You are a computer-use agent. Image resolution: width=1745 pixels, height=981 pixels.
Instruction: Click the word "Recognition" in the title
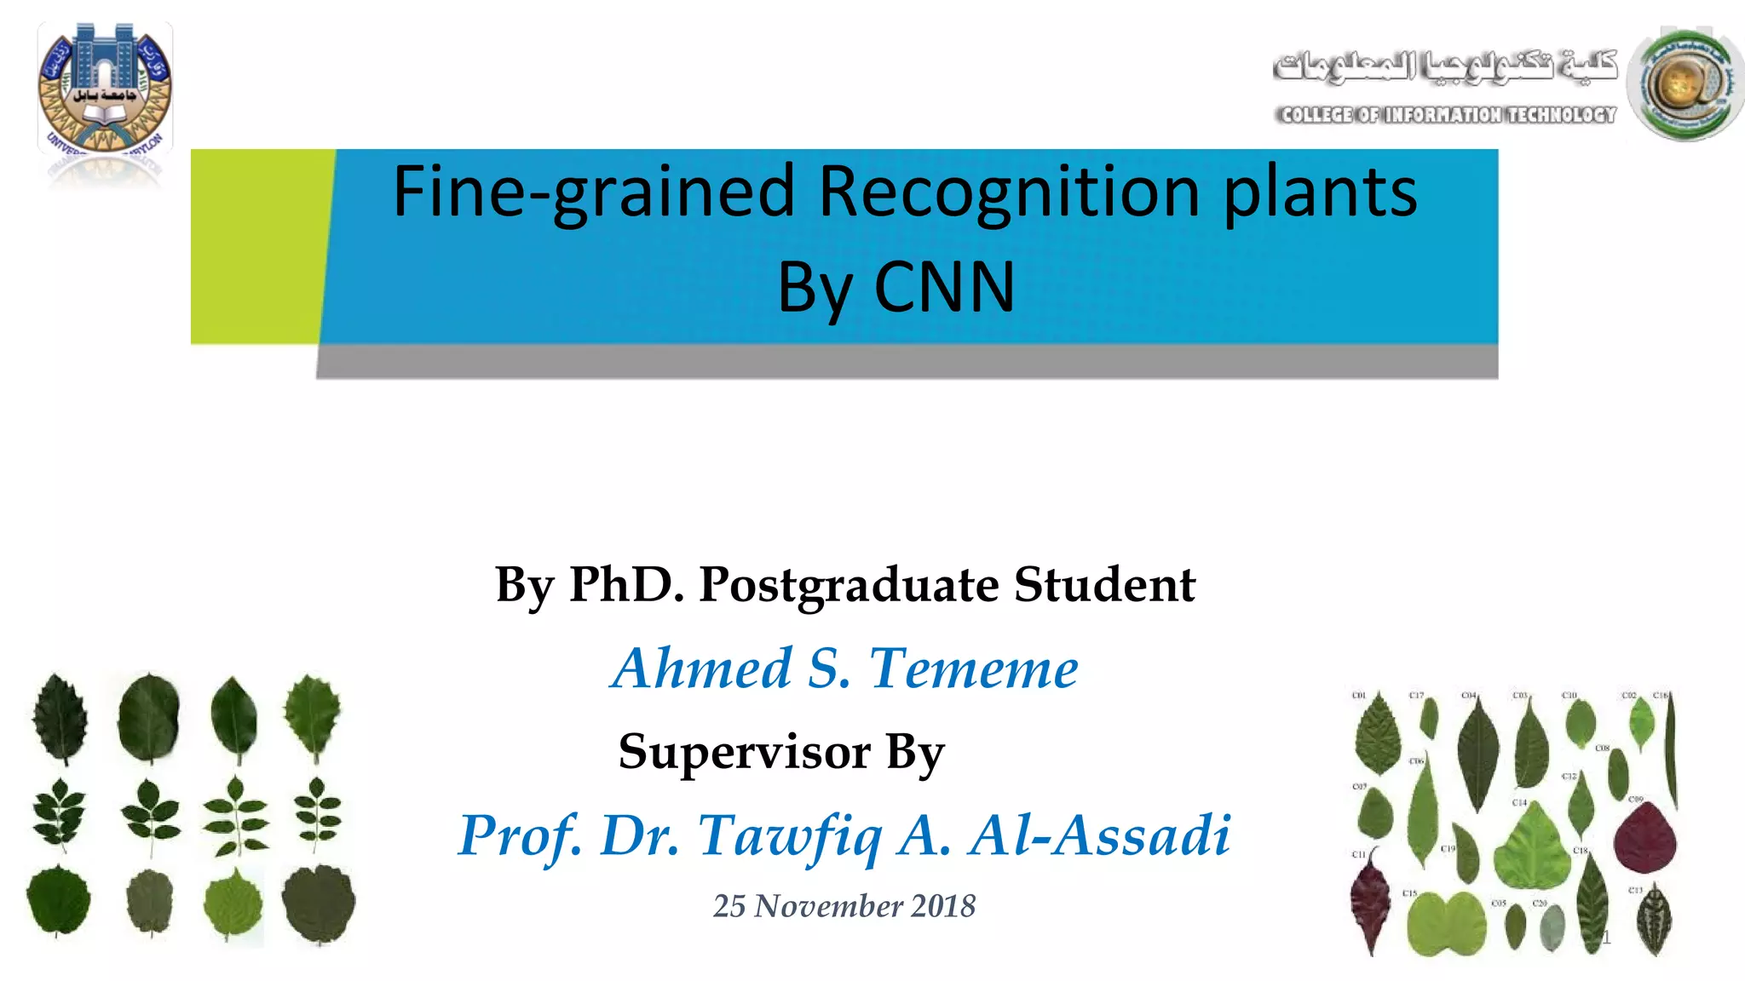point(1010,192)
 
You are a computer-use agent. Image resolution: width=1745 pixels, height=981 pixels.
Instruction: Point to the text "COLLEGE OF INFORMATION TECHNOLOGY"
point(1446,115)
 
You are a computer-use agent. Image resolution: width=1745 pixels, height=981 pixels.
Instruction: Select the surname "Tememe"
point(973,668)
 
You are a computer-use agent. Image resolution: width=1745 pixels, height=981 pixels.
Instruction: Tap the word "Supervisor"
point(745,752)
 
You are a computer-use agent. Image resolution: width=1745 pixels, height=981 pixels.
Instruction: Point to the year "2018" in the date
point(943,906)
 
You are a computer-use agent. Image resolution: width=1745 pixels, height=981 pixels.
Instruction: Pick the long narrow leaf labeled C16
point(1671,749)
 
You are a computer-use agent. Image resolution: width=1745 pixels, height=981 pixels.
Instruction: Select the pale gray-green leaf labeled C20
point(1552,927)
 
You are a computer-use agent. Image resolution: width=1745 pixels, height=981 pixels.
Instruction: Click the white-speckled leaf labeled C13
point(1653,921)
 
